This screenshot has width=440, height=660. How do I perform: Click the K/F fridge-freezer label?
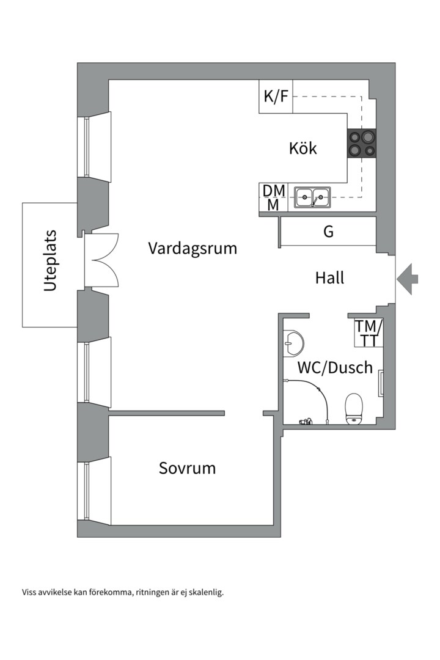[276, 97]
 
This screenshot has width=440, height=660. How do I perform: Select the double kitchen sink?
[312, 197]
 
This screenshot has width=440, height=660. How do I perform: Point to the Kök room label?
[303, 148]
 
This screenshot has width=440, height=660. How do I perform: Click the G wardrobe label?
[328, 232]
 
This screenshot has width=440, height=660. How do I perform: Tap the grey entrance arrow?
[408, 279]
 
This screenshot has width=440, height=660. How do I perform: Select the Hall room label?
[329, 278]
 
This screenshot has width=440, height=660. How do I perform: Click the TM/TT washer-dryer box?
[369, 333]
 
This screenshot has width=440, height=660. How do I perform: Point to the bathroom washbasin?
[293, 343]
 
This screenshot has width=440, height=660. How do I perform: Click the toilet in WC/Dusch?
[354, 409]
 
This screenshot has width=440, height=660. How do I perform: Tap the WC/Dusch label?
[335, 368]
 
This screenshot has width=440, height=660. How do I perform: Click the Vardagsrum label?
[193, 249]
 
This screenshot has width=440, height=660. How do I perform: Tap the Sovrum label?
[187, 469]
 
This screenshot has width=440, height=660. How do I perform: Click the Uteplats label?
[50, 261]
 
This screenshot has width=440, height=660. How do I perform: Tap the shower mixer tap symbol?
[305, 420]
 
